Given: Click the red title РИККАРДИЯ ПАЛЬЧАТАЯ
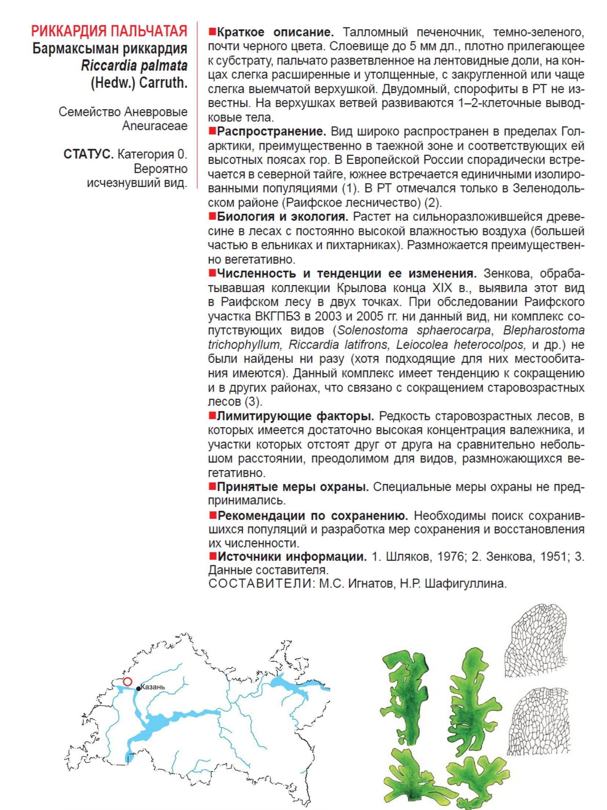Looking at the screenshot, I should [109, 32].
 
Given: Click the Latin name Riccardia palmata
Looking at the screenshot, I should [134, 66].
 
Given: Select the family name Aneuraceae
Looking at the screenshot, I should [155, 126].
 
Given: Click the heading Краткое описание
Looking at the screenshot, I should [275, 32].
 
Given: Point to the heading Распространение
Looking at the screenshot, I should [271, 131].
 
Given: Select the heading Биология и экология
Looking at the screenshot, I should [282, 217].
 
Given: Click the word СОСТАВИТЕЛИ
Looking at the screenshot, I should [260, 584].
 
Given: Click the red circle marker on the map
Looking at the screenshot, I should [127, 682].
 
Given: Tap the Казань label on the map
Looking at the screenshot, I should [153, 687].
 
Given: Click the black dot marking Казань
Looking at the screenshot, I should [138, 689].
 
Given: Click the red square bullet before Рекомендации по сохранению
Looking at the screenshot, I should [212, 515].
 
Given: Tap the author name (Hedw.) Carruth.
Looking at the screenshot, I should [139, 83].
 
